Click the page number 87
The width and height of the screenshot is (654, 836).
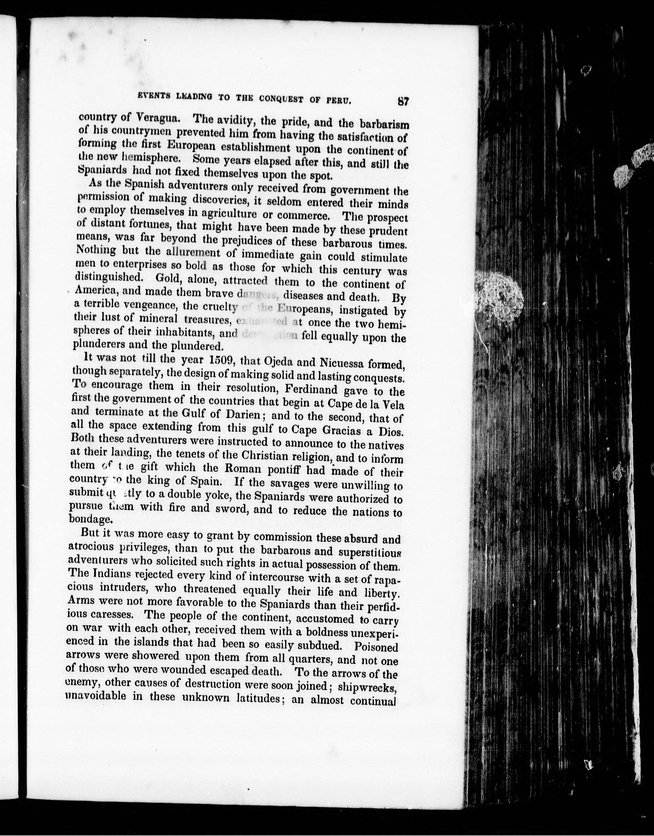[403, 102]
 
